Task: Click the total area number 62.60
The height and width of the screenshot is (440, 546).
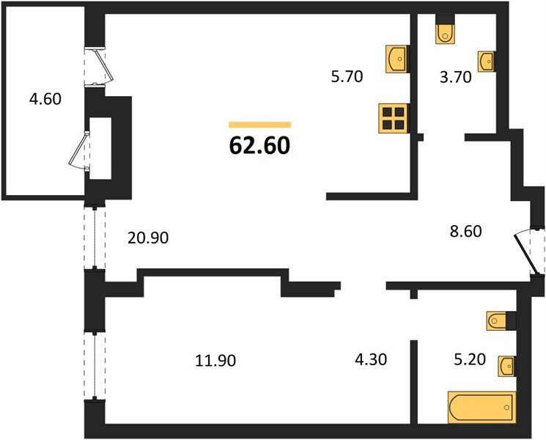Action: point(259,145)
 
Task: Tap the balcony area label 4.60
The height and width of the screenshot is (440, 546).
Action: point(45,99)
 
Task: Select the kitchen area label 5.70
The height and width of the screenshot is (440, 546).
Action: point(347,76)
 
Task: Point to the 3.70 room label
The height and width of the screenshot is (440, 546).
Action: point(456,77)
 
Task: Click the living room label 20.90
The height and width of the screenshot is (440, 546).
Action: point(148,238)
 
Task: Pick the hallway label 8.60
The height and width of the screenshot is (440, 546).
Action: point(466,231)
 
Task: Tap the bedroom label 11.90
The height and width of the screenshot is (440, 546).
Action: point(215,360)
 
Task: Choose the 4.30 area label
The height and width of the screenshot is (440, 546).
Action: point(371,359)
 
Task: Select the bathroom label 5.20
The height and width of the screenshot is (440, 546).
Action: point(470,359)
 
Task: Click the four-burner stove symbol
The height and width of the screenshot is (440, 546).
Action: point(394,119)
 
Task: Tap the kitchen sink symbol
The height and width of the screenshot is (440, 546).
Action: point(397,59)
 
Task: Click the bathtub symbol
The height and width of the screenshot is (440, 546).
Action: point(482,407)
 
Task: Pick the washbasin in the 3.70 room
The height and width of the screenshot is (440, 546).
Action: point(486,62)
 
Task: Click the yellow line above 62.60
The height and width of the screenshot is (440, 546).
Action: point(259,125)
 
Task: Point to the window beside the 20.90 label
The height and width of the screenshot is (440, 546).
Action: point(95,238)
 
